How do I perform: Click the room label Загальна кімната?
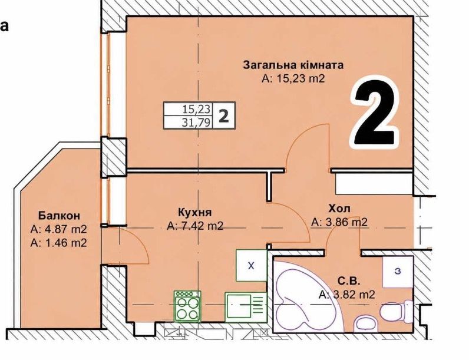coord(293,65)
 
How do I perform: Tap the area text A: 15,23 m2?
coord(293,78)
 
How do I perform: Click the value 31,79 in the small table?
coord(197,123)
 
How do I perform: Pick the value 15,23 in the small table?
coord(197,110)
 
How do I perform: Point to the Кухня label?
coord(194,212)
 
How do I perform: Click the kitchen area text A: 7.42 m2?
coord(194,226)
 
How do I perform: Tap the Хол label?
coord(339,208)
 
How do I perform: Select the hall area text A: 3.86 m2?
coord(339,222)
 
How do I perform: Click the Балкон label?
coord(59,215)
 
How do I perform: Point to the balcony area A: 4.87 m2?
coord(59,229)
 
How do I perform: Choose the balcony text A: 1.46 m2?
coord(59,243)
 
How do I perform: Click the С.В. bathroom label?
coord(349,281)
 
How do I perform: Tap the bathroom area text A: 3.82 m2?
coord(346,295)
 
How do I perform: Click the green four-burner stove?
coord(187,306)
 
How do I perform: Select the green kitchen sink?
coord(245,307)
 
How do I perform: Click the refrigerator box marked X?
coord(251,265)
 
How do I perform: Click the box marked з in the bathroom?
coord(398,272)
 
